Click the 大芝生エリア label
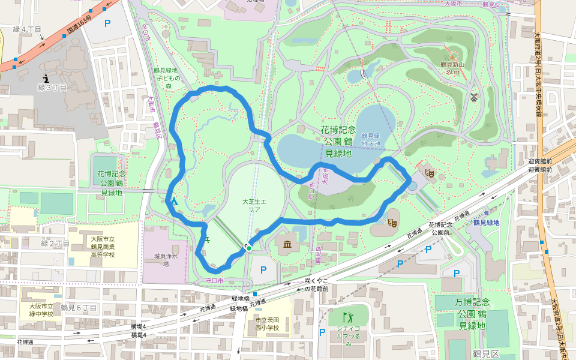pos(251,206)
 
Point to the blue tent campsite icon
pos(175,202)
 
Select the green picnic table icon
pos(207,240)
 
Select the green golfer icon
pos(347,317)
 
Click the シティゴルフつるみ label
pos(347,335)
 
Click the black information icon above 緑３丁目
pos(46,78)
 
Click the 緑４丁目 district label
pos(28,29)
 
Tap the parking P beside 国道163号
pos(108,23)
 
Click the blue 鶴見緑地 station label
pos(487,223)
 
